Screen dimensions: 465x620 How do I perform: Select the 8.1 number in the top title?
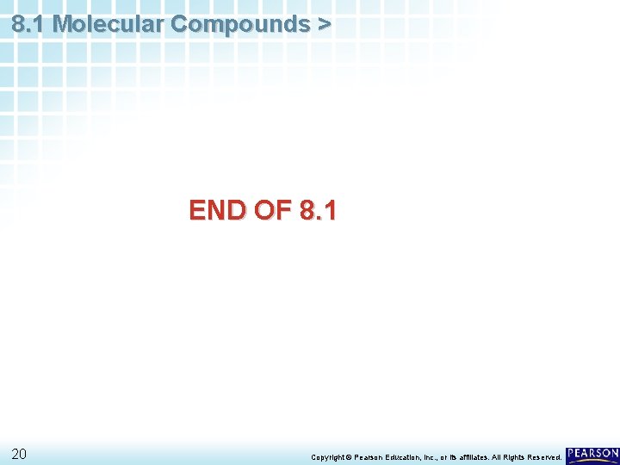coord(29,24)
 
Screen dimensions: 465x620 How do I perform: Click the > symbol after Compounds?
coord(323,24)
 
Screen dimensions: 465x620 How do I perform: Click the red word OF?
coord(272,210)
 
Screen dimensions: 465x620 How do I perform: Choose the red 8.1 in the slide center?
coord(318,210)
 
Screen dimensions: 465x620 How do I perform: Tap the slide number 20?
coord(19,455)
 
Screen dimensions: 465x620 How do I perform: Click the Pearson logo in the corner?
coord(592,455)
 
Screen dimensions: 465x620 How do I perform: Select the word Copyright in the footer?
coord(327,456)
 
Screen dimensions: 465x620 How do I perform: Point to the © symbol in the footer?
coord(349,456)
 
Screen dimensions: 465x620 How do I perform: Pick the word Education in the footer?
coord(409,456)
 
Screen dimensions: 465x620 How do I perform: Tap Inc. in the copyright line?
coord(439,456)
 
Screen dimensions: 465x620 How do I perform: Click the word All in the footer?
coord(506,456)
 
